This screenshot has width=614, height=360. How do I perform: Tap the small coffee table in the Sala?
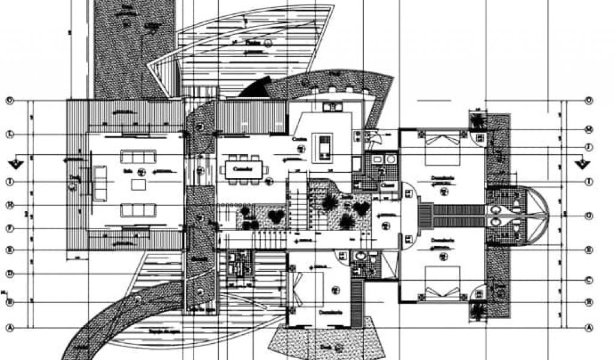[139, 184]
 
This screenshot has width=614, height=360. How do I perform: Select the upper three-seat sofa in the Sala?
[139, 157]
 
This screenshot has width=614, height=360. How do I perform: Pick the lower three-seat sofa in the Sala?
[139, 209]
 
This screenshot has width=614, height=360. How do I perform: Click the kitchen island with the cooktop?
[324, 146]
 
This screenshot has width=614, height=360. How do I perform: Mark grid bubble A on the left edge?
[9, 328]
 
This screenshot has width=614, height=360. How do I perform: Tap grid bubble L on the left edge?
[9, 133]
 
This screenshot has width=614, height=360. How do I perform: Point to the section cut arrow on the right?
[580, 163]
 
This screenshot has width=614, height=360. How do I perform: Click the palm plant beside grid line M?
[478, 121]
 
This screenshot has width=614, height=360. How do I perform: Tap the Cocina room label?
[300, 139]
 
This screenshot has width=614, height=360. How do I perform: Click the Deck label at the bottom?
[326, 346]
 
